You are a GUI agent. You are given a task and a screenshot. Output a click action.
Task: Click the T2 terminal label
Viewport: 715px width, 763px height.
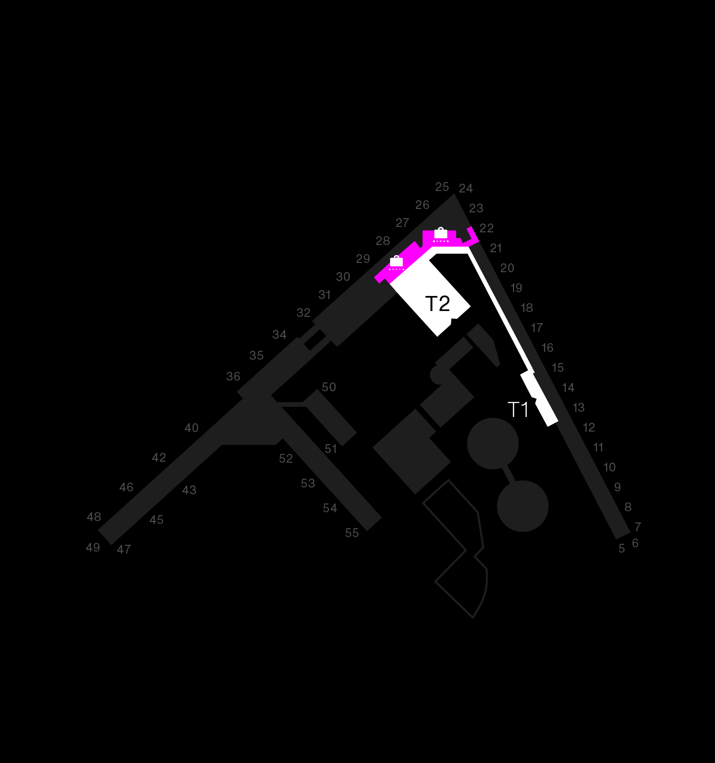pos(438,304)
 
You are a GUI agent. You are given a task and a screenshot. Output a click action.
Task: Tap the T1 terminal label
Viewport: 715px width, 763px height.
pos(518,410)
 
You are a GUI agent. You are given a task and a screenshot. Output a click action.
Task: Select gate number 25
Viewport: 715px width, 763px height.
pos(442,187)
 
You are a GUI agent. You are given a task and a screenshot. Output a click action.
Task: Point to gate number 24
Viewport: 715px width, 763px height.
pos(466,189)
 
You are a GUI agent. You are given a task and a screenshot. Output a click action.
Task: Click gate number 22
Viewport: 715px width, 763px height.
pos(486,228)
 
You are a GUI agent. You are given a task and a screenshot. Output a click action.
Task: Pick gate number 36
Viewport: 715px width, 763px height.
pos(233,377)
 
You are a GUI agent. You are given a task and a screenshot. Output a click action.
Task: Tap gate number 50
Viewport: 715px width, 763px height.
pos(329,387)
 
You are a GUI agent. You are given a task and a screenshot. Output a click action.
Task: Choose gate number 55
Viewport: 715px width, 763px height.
pos(352,533)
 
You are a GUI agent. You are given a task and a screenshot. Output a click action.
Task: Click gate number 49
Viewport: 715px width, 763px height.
pos(93,548)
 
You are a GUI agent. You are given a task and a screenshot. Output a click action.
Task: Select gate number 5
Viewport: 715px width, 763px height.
pos(622,549)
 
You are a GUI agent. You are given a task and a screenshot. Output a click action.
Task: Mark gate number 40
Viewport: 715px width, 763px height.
pos(192,428)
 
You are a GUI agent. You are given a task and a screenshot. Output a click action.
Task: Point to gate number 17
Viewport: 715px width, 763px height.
pos(536,328)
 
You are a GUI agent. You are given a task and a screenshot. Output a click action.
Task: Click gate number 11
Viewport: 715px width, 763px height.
pos(598,448)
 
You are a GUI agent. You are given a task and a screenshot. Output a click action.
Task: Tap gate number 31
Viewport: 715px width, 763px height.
pos(324,295)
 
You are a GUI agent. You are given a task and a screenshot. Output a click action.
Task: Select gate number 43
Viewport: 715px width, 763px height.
pos(189,490)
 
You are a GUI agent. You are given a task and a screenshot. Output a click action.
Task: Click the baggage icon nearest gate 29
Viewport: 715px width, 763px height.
pos(396,262)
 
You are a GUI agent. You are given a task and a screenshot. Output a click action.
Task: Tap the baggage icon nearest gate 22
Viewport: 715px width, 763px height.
pos(441,235)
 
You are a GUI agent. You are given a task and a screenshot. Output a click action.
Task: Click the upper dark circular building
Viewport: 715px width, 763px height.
pos(493,444)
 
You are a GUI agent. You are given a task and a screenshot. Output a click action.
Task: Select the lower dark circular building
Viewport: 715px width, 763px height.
pos(523,506)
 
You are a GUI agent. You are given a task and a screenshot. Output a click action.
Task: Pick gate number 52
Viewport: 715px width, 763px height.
pos(286,459)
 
